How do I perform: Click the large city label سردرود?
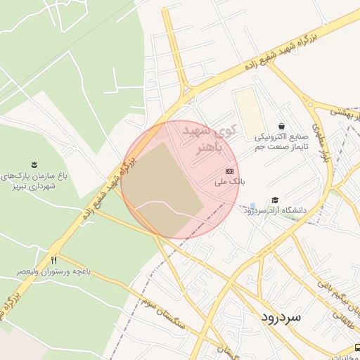coord(280,316)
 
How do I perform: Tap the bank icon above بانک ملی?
coord(230,171)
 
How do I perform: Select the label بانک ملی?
coord(230,181)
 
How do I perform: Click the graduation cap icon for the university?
coord(275,200)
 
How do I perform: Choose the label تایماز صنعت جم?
coord(280,145)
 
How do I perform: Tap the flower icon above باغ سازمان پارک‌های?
coord(34,164)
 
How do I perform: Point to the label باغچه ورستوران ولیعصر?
coord(53,271)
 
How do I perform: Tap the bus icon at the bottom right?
coord(357,347)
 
